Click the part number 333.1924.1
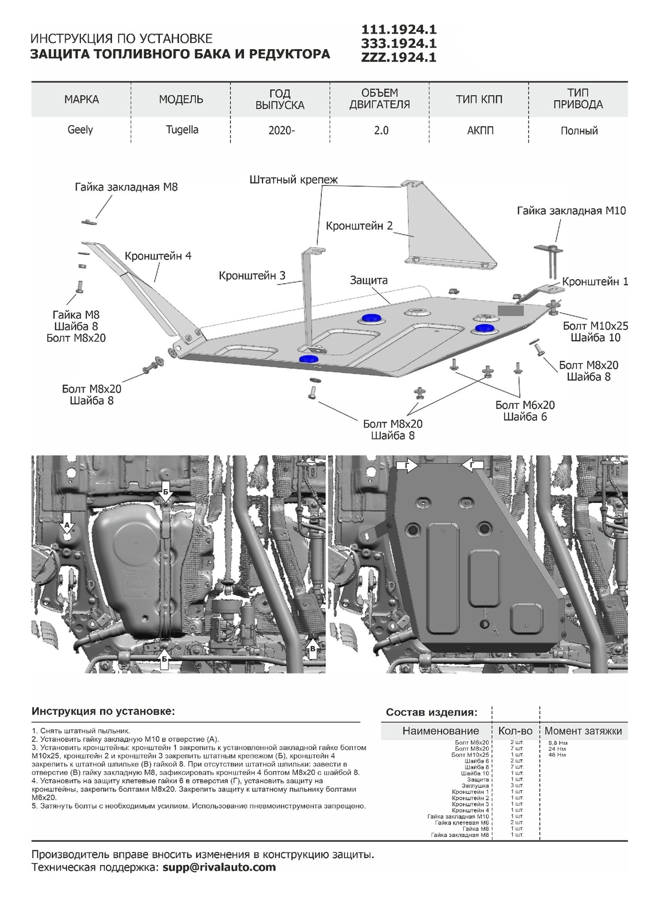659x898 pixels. [x=398, y=43]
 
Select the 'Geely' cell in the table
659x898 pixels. [x=80, y=130]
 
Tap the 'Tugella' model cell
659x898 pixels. [x=182, y=130]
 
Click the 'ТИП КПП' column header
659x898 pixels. [x=479, y=99]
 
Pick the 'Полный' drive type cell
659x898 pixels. [x=579, y=131]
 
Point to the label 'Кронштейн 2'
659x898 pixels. [x=359, y=226]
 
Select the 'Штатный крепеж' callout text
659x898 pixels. [x=294, y=179]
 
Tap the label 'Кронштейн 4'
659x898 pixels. [x=158, y=256]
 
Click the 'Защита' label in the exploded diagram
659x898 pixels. [x=369, y=280]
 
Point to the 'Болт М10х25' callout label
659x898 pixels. [x=595, y=326]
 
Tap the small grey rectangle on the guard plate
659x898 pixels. [x=510, y=311]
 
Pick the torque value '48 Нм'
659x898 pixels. [x=557, y=755]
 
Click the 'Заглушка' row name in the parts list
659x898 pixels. [x=476, y=785]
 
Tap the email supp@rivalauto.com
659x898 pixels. [x=219, y=867]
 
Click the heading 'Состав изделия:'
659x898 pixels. [x=431, y=712]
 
